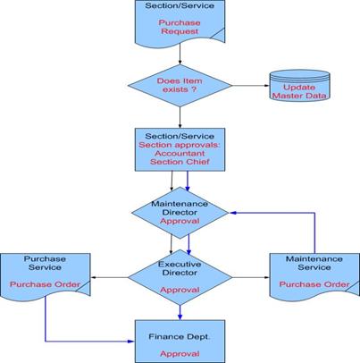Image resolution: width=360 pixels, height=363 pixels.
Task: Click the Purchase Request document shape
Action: pyautogui.click(x=180, y=22)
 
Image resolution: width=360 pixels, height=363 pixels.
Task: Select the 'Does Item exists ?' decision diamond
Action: pyautogui.click(x=180, y=86)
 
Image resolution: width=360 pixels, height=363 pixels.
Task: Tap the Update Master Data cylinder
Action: pyautogui.click(x=299, y=86)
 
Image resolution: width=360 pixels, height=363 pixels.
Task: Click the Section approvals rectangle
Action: pyautogui.click(x=180, y=149)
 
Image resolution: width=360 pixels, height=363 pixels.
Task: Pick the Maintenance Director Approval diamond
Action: pyautogui.click(x=180, y=213)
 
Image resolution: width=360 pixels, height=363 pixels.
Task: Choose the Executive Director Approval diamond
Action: pyautogui.click(x=180, y=277)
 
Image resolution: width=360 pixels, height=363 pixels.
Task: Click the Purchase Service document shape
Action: pyautogui.click(x=46, y=276)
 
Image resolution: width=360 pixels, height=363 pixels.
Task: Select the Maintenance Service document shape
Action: pyautogui.click(x=314, y=276)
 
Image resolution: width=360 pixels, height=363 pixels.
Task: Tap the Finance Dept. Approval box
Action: pyautogui.click(x=180, y=342)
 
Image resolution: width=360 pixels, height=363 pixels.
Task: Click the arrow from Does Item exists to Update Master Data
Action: pyautogui.click(x=251, y=86)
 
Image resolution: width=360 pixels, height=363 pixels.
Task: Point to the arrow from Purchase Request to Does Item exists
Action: pyautogui.click(x=180, y=54)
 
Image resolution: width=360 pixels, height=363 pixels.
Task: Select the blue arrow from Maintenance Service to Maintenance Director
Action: pyautogui.click(x=314, y=213)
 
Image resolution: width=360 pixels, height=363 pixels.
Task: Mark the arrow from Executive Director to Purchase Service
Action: pyautogui.click(x=109, y=277)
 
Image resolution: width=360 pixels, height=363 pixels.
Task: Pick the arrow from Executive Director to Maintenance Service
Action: pyautogui.click(x=251, y=277)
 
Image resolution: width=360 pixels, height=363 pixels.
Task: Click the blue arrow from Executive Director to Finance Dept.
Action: pyautogui.click(x=180, y=313)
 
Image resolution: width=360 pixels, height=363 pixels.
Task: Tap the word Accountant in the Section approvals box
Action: pyautogui.click(x=180, y=153)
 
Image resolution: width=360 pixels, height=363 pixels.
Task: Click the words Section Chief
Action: pyautogui.click(x=180, y=162)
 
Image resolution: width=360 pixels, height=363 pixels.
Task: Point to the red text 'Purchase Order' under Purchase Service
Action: pyautogui.click(x=46, y=284)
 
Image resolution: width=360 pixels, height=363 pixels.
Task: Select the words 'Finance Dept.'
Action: pyautogui.click(x=180, y=337)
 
